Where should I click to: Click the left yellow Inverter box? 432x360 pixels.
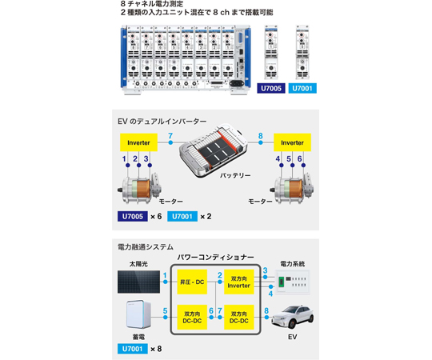pos(138,142)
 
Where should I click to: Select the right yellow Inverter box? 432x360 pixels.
pos(292,142)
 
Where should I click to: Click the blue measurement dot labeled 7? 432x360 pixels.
pos(170,142)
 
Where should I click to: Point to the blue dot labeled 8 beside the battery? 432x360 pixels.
pos(260,142)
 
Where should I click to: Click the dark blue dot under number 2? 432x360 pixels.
pos(139,166)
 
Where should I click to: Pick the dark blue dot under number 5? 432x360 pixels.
pos(292,166)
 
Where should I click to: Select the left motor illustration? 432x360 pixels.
pos(139,189)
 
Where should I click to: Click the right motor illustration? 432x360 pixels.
pos(292,189)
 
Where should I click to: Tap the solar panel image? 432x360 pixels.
pos(138,282)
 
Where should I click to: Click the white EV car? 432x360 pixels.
pos(293,317)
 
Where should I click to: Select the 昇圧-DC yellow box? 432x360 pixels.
pos(192,282)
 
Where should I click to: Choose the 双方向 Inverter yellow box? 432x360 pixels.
pos(239,282)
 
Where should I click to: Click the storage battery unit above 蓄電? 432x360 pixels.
pos(138,314)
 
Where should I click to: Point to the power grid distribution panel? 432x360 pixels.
pos(293,282)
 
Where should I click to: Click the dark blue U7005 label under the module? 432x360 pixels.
pos(271,88)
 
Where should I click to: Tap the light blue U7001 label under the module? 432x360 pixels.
pos(302,88)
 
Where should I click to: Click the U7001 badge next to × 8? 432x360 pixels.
pos(133,349)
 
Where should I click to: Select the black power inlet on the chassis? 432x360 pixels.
pos(236,83)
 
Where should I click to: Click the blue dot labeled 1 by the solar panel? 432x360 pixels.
pos(166,282)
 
